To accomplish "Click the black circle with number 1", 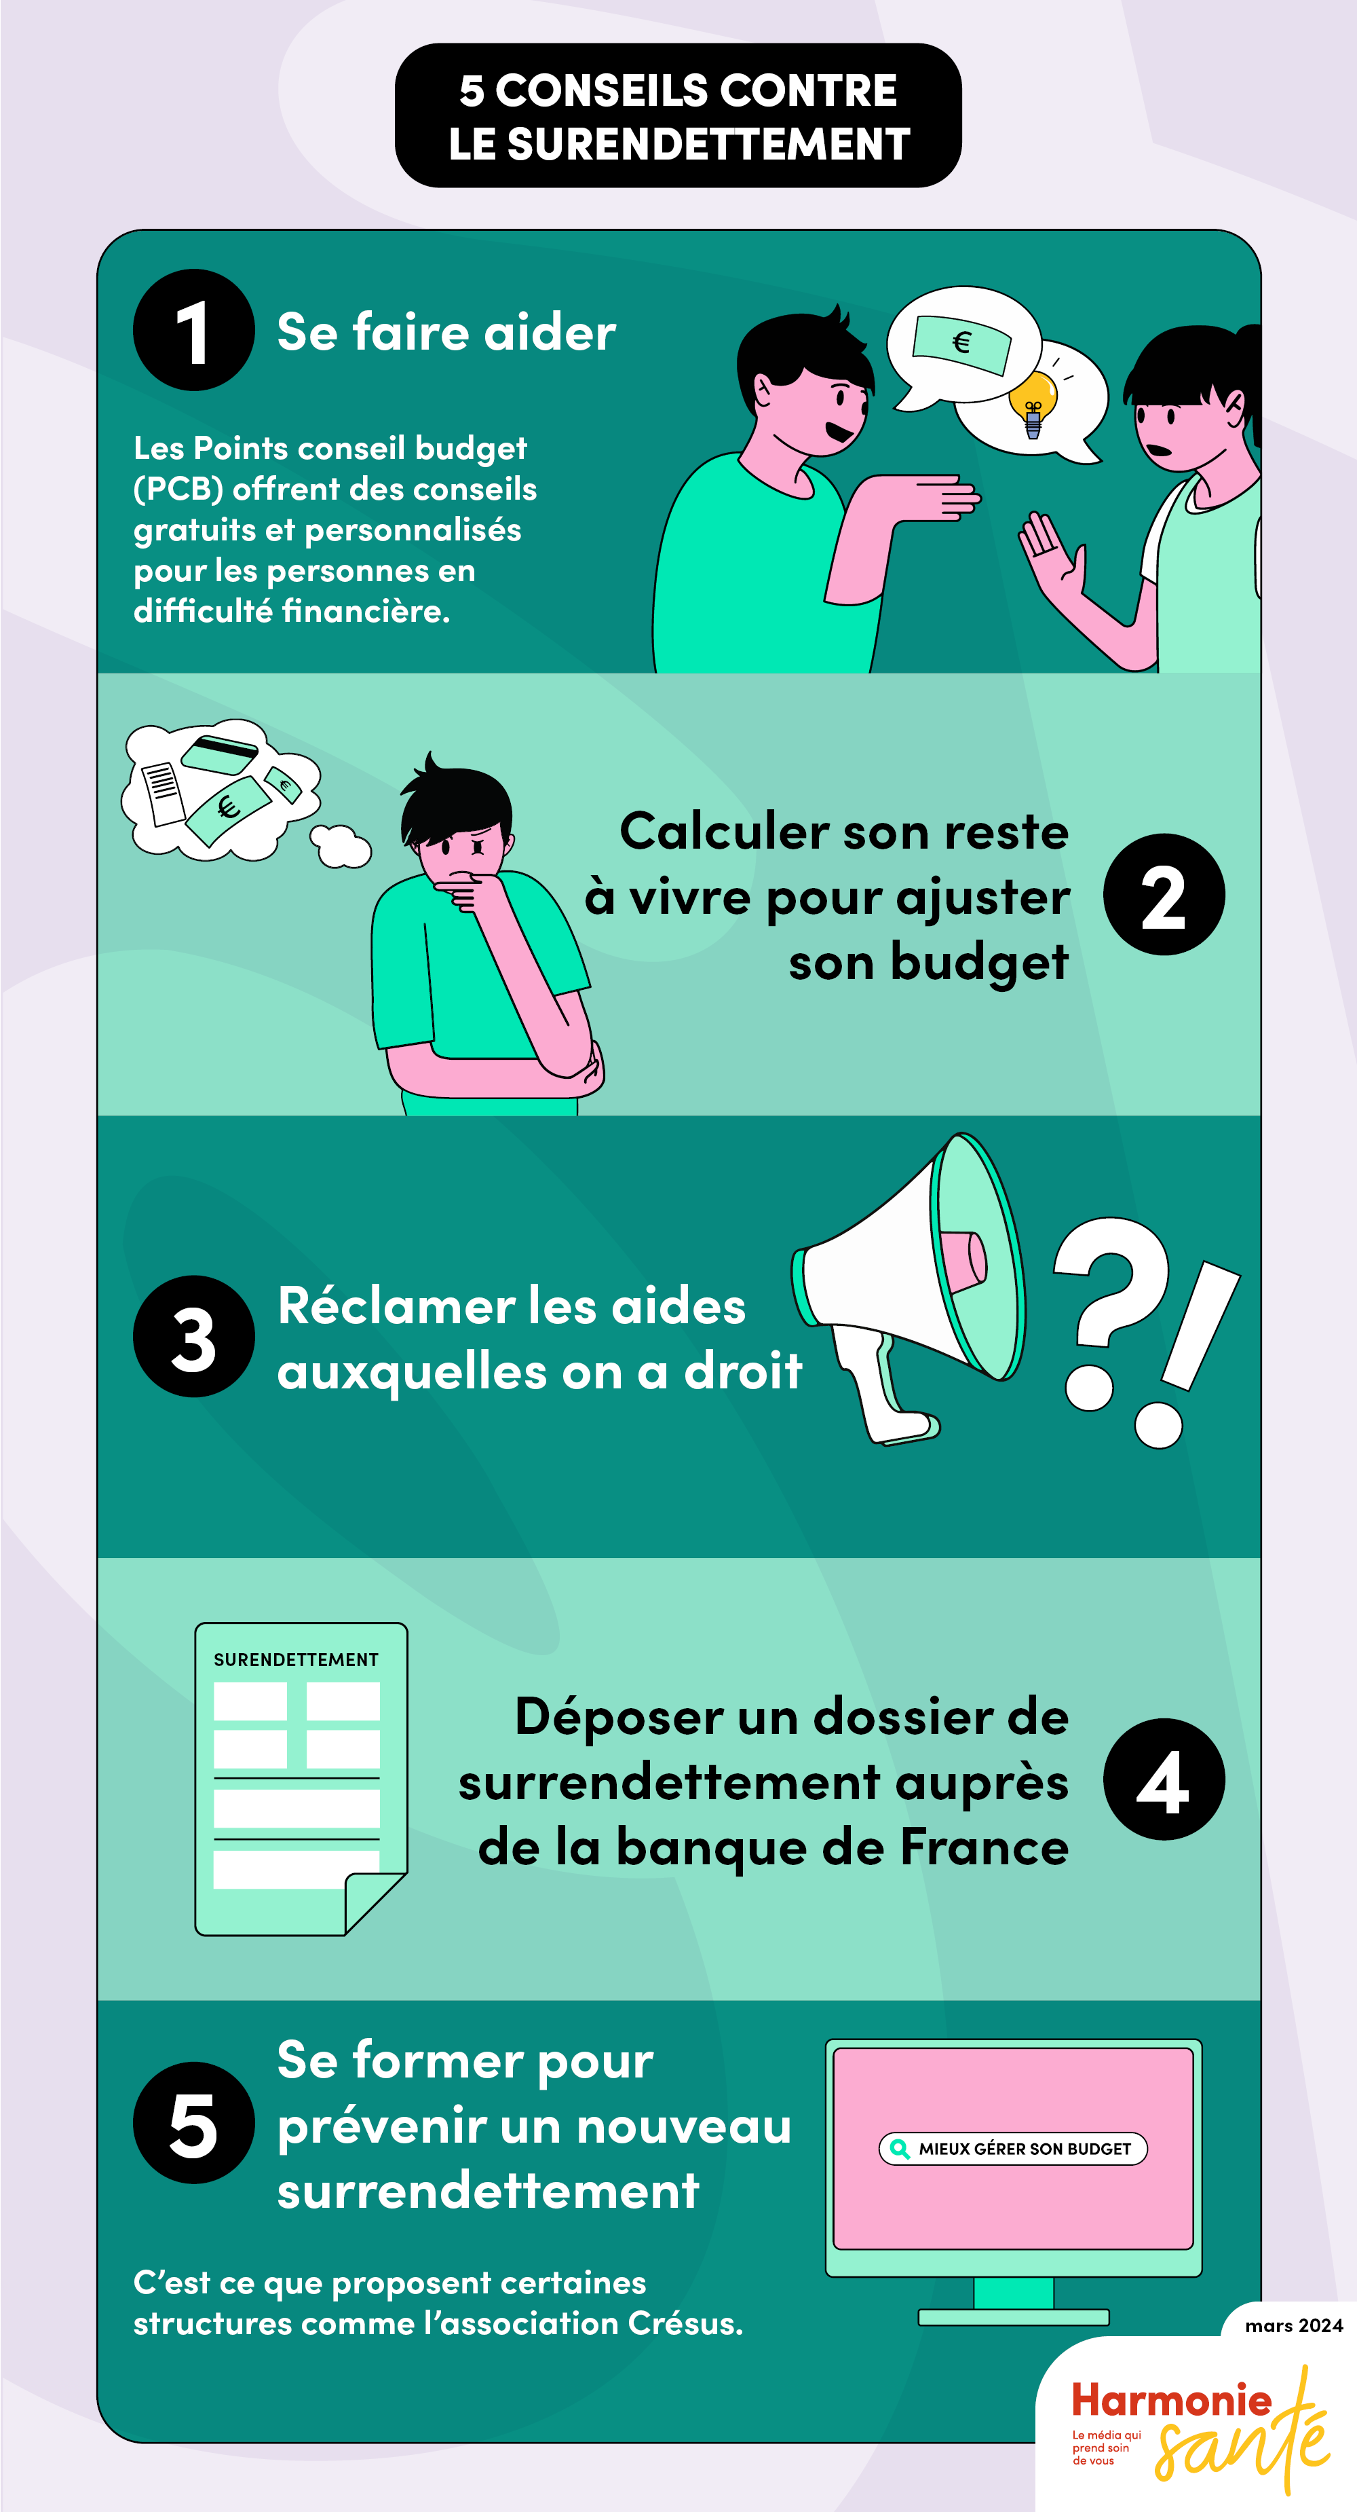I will click(193, 331).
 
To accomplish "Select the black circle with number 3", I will click(193, 1337).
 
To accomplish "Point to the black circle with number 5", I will click(193, 2124).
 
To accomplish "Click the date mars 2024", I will click(1294, 2326).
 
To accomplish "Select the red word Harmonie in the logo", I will click(1171, 2400).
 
